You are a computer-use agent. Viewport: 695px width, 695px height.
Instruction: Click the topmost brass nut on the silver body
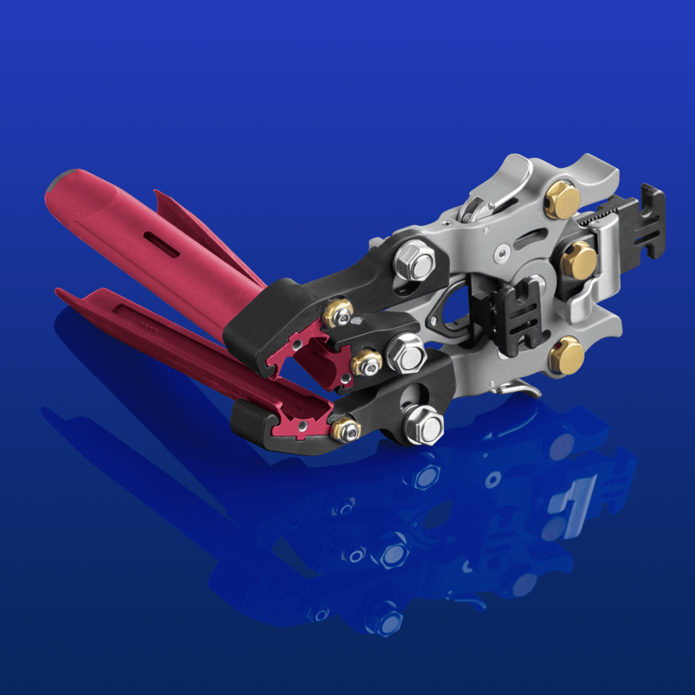pyautogui.click(x=562, y=200)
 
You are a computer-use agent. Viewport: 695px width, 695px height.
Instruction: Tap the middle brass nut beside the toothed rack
pyautogui.click(x=579, y=260)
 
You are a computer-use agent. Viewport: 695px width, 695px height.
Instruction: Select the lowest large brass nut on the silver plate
pyautogui.click(x=566, y=355)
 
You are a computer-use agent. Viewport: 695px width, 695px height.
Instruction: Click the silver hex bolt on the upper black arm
pyautogui.click(x=415, y=261)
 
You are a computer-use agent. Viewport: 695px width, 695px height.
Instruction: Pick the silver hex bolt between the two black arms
pyautogui.click(x=406, y=353)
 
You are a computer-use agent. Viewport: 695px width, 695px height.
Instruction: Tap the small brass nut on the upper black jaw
pyautogui.click(x=338, y=312)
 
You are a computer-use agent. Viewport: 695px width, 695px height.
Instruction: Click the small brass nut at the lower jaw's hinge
pyautogui.click(x=345, y=429)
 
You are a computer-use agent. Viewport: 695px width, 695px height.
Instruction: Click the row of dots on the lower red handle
pyautogui.click(x=145, y=324)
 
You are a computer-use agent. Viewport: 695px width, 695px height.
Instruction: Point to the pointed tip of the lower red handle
pyautogui.click(x=60, y=293)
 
